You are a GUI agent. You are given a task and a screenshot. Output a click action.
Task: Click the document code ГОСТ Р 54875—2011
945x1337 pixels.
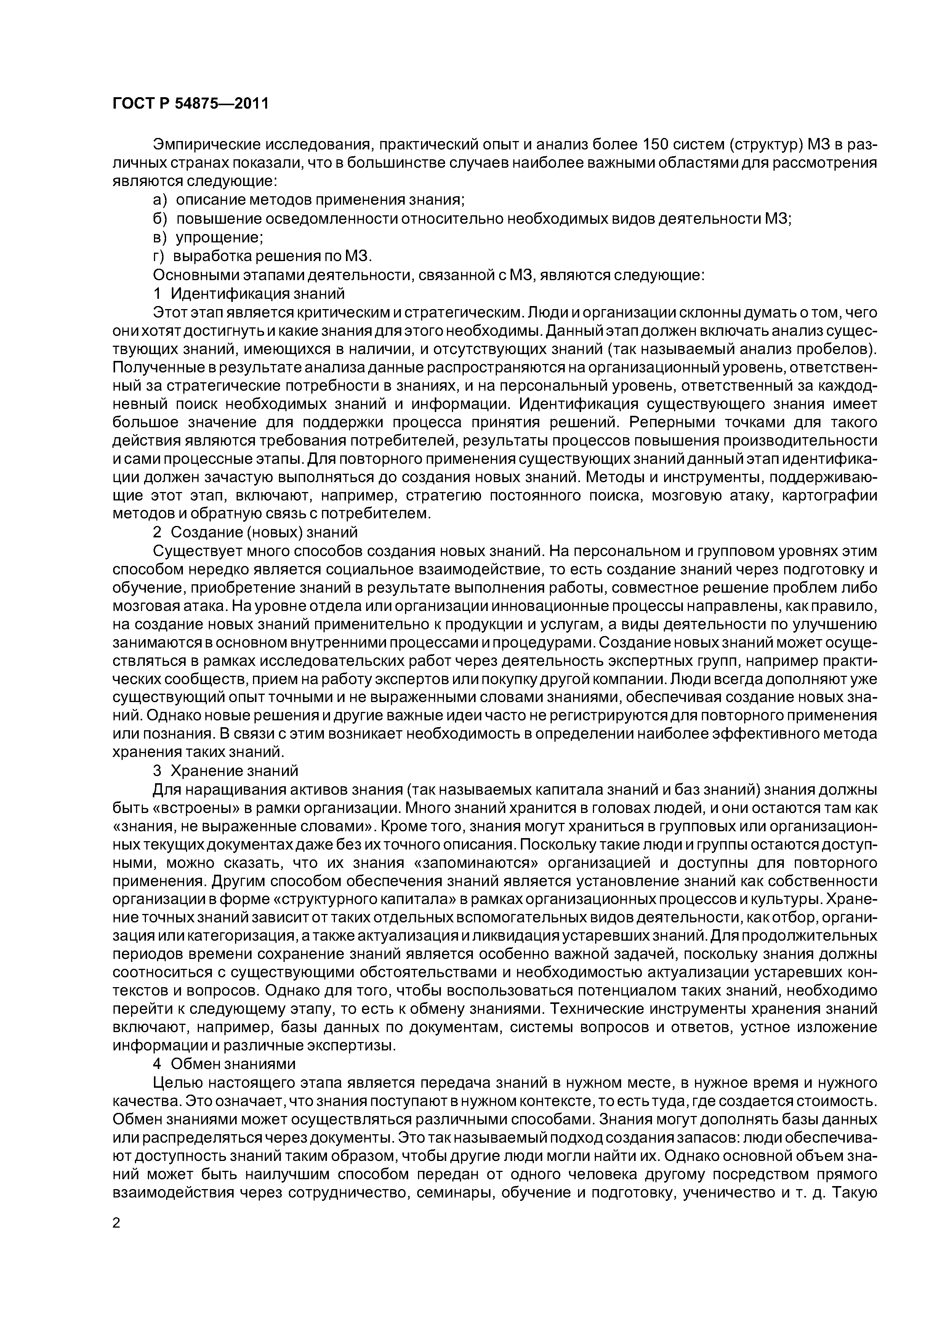coord(190,104)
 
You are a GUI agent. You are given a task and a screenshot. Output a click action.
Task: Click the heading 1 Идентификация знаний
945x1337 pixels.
coord(248,293)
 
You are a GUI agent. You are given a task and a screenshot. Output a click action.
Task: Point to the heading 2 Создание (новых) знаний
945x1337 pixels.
coord(255,532)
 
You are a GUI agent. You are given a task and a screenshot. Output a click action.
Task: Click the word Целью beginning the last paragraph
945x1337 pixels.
coord(176,1082)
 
